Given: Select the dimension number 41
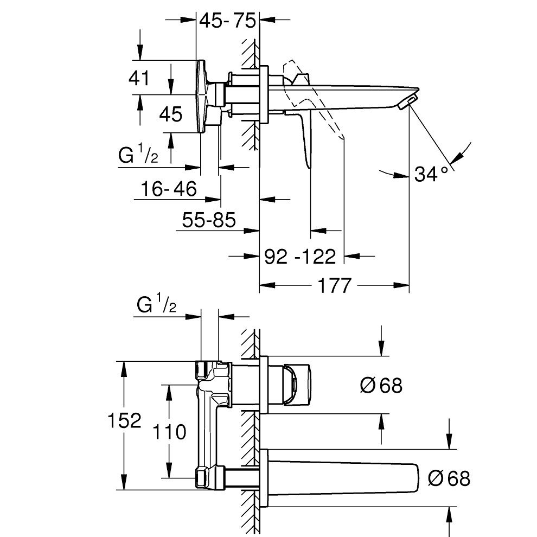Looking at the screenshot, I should coord(139,79).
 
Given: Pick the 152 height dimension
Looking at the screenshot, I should coord(125,420).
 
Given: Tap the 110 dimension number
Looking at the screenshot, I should coord(169,432).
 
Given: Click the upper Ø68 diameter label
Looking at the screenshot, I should coord(381,385).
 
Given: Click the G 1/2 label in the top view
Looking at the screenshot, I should coord(138,156).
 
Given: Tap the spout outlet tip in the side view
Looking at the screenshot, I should coord(409,100).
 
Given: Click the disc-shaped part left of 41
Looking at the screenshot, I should coord(203,95).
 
